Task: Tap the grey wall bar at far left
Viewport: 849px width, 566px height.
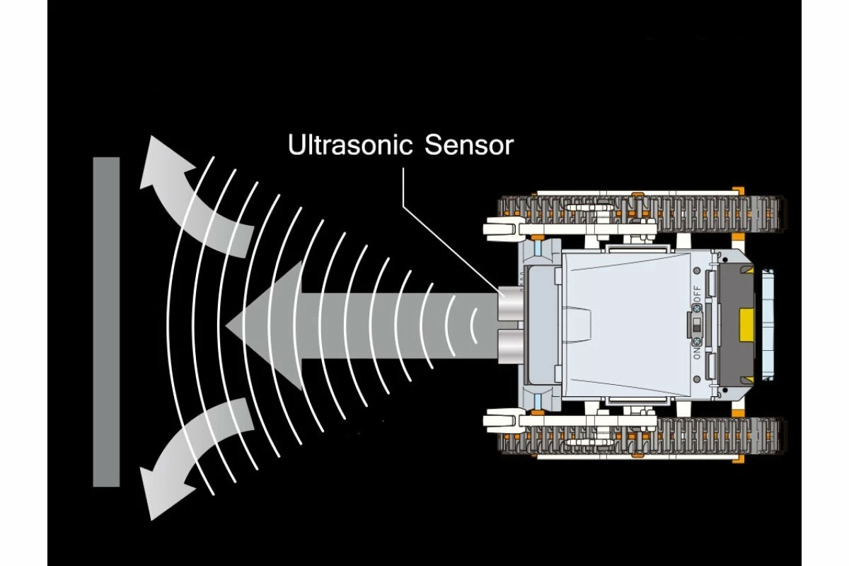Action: click(106, 322)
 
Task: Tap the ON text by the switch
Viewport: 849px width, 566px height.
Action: click(698, 355)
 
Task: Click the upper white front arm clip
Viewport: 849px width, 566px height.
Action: click(504, 228)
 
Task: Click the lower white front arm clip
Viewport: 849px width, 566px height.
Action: click(504, 422)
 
